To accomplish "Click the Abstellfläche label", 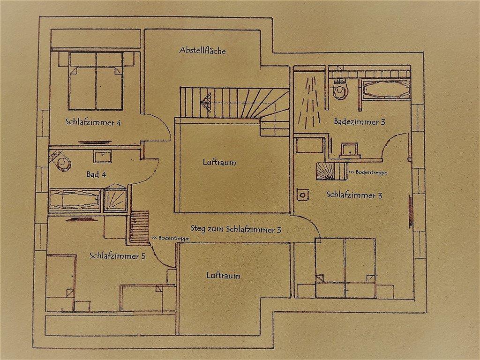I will click(x=202, y=50).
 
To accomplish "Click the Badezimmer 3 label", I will click(x=360, y=122).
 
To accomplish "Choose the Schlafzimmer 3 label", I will click(x=354, y=195).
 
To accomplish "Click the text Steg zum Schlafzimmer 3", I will click(x=236, y=229).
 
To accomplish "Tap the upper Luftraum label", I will click(x=219, y=163).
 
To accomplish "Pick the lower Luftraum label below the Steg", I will click(x=223, y=276).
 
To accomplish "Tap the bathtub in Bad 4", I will click(x=75, y=201).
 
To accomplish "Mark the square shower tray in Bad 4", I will click(x=115, y=200).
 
